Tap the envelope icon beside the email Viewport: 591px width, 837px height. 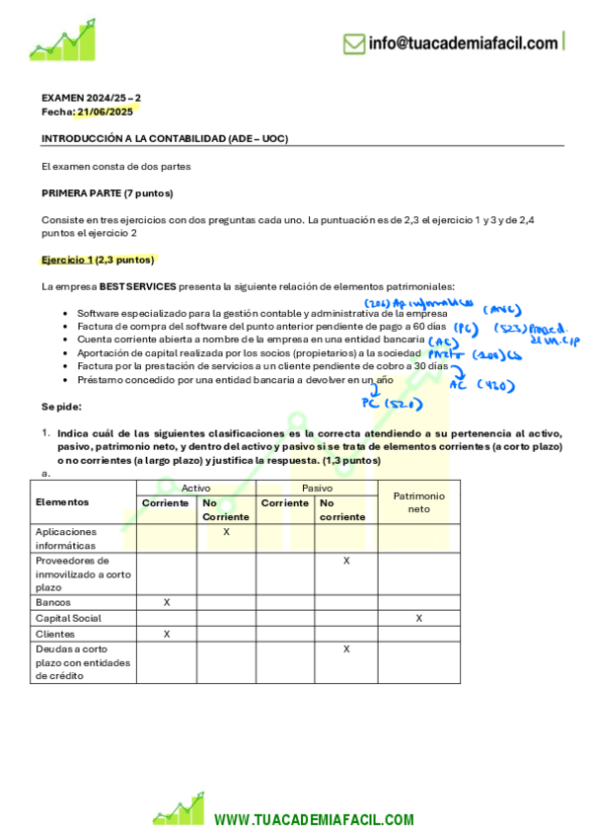(x=353, y=42)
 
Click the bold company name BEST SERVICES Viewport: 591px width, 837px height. (x=137, y=286)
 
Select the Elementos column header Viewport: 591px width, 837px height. (x=62, y=502)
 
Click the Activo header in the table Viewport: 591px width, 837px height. (x=196, y=489)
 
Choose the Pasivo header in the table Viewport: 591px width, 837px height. (x=317, y=489)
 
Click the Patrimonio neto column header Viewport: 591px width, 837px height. (x=418, y=502)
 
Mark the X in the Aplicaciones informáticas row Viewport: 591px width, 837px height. (x=227, y=532)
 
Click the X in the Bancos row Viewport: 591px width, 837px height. (x=167, y=602)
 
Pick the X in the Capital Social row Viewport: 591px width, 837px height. (x=418, y=618)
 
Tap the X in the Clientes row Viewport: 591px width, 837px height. (x=167, y=634)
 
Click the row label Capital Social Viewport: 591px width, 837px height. (x=68, y=618)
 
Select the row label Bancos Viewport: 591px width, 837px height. (x=53, y=602)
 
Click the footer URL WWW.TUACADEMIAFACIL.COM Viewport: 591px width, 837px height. (x=314, y=820)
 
